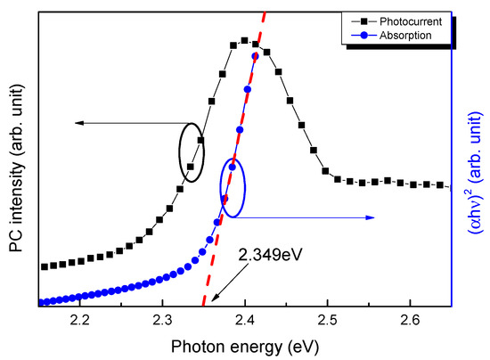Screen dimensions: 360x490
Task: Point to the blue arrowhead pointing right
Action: click(x=372, y=217)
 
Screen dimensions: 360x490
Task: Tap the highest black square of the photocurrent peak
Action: click(x=244, y=40)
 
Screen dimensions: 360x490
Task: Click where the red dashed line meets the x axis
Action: click(x=204, y=307)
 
